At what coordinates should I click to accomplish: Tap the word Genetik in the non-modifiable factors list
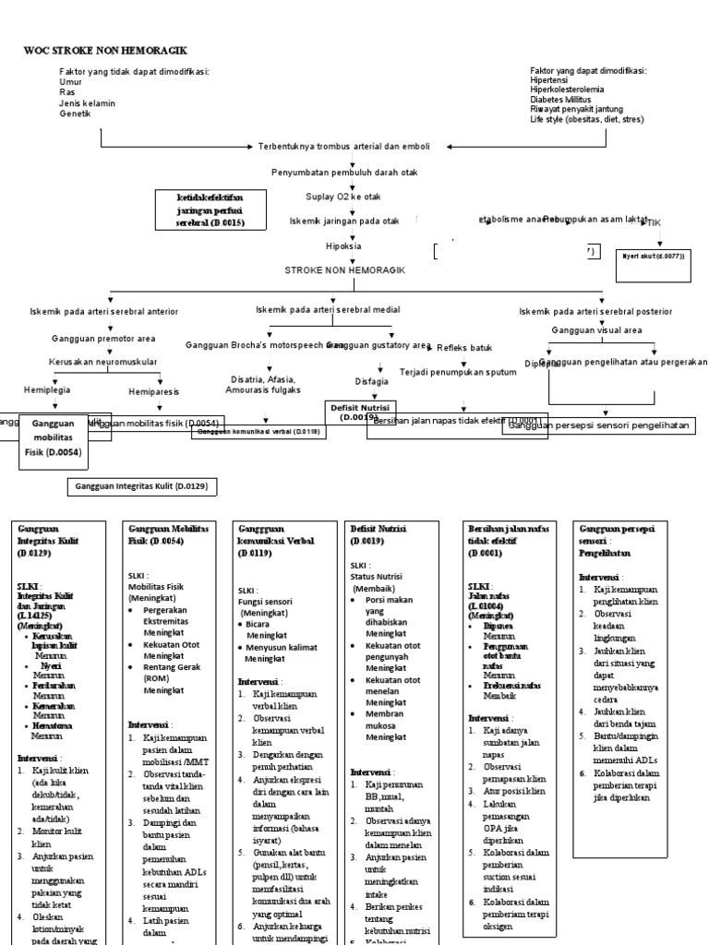(76, 114)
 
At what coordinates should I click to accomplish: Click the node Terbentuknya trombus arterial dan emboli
(343, 147)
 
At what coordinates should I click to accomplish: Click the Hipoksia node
(342, 246)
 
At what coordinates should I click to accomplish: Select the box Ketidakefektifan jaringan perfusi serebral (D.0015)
(210, 210)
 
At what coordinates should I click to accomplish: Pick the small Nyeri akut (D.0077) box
(654, 256)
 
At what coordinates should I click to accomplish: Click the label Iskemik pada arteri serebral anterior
(104, 312)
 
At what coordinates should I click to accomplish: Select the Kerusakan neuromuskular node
(103, 362)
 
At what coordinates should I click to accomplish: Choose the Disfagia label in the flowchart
(372, 380)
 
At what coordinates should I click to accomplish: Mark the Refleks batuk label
(464, 348)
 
